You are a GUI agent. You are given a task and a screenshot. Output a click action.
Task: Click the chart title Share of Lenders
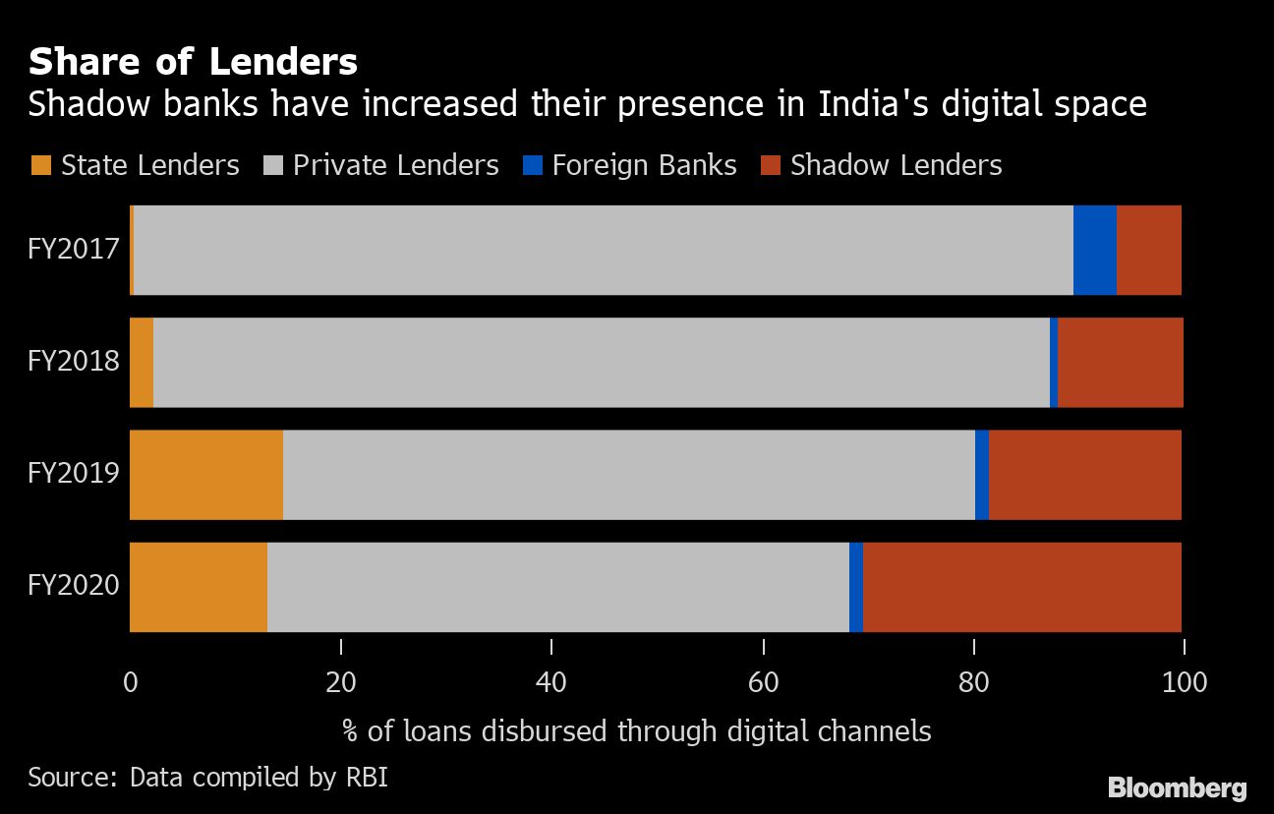pos(193,63)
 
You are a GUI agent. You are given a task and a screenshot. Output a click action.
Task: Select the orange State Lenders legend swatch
pos(41,165)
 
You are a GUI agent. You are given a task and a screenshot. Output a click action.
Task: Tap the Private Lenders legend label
pos(395,165)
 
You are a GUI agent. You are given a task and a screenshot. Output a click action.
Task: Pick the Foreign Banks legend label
pos(644,165)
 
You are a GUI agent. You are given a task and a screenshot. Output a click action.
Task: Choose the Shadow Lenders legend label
pos(896,165)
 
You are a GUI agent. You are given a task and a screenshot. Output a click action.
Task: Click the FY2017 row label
pos(74,249)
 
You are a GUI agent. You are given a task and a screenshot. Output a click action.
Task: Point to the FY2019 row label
pos(74,474)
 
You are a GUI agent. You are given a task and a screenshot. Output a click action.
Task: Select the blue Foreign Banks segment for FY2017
pos(1094,250)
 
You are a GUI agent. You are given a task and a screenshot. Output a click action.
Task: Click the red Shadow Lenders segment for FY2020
pos(1021,587)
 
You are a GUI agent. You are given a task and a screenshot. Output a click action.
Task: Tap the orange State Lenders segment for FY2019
pos(206,475)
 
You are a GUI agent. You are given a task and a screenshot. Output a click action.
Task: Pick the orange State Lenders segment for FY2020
pos(199,587)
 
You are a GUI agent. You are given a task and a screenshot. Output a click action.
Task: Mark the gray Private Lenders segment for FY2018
pos(601,362)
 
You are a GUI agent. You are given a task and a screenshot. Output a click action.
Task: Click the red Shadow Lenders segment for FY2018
pos(1120,362)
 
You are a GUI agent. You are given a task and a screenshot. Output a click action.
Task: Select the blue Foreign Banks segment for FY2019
pos(981,475)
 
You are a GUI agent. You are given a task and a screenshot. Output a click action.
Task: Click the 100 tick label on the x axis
pos(1184,681)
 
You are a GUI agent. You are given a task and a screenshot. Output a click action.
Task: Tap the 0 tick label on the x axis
pos(130,681)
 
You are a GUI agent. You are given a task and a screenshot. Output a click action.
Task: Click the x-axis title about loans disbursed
pos(636,731)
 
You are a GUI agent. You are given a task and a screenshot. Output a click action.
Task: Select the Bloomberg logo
pos(1177,787)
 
